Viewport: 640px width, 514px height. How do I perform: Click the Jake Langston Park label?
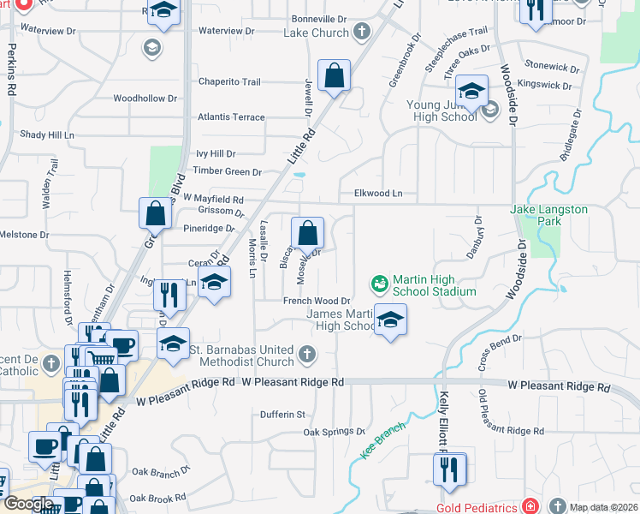[x=548, y=215]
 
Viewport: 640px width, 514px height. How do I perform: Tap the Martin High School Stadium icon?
[x=377, y=282]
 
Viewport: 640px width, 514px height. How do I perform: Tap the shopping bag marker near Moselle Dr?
[x=307, y=232]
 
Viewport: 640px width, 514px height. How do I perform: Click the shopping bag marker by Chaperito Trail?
[x=334, y=75]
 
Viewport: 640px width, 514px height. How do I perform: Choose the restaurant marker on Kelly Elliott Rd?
[x=448, y=468]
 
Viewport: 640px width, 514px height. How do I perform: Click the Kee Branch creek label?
[x=382, y=440]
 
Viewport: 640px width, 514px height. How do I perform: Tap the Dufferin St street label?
[x=283, y=415]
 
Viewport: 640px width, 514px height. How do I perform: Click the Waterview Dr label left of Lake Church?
[x=226, y=31]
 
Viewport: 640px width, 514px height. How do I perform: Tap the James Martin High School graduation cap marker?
[x=391, y=320]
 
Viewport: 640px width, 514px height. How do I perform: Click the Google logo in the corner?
[x=28, y=504]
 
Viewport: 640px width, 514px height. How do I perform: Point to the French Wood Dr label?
[x=317, y=301]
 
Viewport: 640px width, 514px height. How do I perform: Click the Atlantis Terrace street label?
[x=231, y=117]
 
